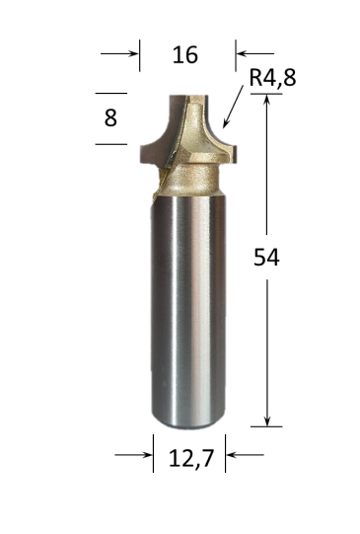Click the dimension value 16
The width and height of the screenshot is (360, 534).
pos(184,54)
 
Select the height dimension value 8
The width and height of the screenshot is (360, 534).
pos(109,117)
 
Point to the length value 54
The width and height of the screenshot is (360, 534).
pos(267,258)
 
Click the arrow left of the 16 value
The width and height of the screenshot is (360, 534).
pos(120,54)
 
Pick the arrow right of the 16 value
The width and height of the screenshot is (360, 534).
pos(253,54)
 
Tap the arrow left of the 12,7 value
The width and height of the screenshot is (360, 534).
pos(134,455)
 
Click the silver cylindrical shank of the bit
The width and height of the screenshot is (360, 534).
pos(187,306)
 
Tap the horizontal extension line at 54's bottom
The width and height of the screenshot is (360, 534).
pos(266,426)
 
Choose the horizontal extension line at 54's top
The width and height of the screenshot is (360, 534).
pos(266,94)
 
